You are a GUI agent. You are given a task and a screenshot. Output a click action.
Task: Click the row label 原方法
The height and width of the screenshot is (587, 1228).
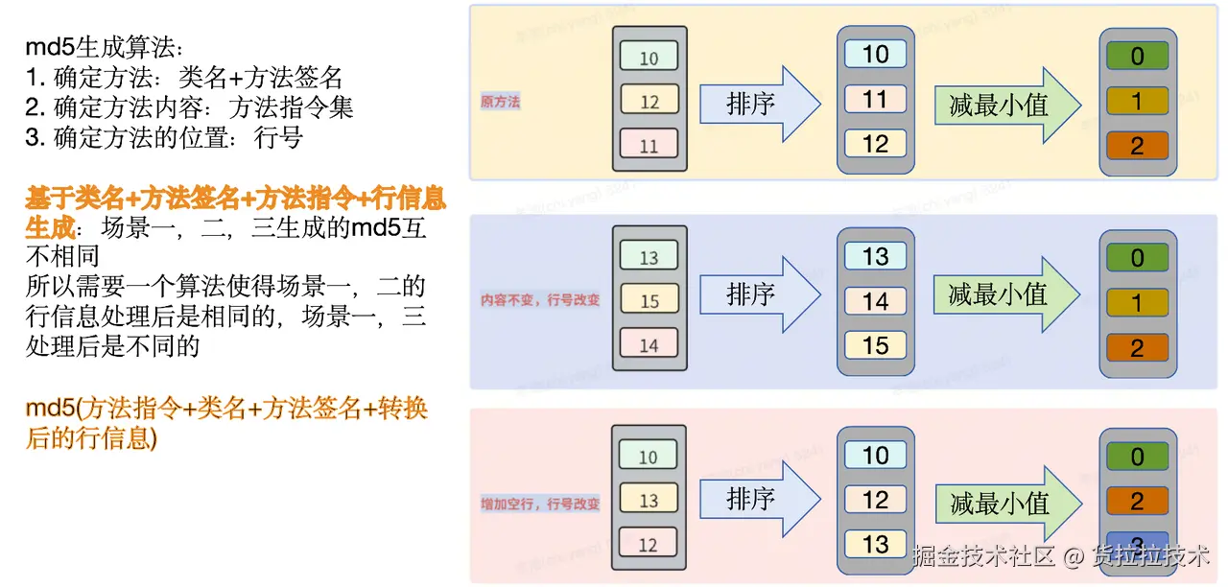coord(500,102)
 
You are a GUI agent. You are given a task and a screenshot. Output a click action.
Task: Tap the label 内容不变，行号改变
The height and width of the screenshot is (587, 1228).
coord(540,300)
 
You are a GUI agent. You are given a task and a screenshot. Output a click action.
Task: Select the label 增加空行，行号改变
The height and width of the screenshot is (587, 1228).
coord(540,503)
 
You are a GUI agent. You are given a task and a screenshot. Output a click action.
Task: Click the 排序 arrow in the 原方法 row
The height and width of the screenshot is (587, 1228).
coord(758,104)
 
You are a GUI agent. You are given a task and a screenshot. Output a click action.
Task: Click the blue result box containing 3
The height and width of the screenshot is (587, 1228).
coord(1137,543)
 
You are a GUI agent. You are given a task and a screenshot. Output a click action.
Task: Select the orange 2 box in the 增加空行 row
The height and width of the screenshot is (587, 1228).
coord(1137,501)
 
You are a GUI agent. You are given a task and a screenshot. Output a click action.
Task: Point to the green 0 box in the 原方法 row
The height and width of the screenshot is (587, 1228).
coord(1137,57)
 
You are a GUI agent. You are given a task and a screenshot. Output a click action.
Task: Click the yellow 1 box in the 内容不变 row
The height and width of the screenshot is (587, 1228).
coord(1137,303)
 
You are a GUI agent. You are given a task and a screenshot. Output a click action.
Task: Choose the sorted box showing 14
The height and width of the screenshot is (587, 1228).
coord(875,301)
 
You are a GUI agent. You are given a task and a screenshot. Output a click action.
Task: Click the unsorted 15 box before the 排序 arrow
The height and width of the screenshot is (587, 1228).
coord(649,300)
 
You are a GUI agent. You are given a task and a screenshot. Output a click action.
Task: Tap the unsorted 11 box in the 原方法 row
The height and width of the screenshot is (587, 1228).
coord(649,146)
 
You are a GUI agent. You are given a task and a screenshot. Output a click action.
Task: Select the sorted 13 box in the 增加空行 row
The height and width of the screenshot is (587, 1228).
coord(875,544)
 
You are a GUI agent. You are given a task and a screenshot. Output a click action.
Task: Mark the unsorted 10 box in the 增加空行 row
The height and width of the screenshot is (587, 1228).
coord(649,457)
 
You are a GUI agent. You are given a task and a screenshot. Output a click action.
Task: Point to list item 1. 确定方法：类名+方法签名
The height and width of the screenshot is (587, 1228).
coord(183,78)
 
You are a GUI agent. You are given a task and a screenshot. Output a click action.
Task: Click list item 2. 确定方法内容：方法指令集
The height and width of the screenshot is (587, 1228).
coord(189,107)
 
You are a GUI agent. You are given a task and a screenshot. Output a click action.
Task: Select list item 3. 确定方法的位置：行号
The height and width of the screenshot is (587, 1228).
coord(164,137)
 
